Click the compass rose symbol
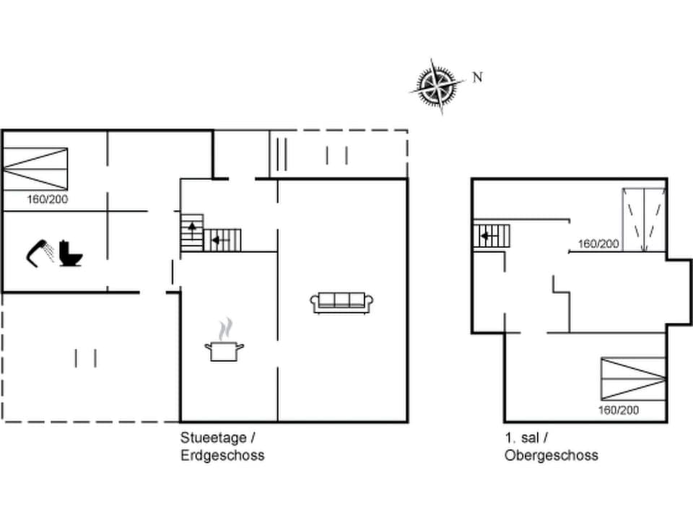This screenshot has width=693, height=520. pos(437,86)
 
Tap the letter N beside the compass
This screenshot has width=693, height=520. pos(477,77)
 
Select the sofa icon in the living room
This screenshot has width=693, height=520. pos(342,301)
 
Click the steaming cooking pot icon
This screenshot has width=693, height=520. pos(225,350)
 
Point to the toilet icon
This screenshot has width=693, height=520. pos(70,253)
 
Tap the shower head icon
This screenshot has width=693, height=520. pos(40,252)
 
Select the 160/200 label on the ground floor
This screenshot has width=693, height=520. pos(48,199)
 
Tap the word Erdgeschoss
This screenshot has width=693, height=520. pos(222,455)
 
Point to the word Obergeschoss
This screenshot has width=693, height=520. pos(551,455)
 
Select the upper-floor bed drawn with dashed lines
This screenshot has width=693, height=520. pos(644,220)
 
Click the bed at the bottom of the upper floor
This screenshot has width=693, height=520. pos(633,378)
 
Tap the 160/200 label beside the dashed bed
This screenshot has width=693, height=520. pos(598,244)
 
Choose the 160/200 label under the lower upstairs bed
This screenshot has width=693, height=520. pos(619,410)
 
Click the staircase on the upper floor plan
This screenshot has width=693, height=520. pos(492,235)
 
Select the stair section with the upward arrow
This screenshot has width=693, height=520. pos(192,232)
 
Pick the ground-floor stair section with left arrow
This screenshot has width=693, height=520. pos(222,239)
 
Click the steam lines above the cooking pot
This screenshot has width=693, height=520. pos(226,329)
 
